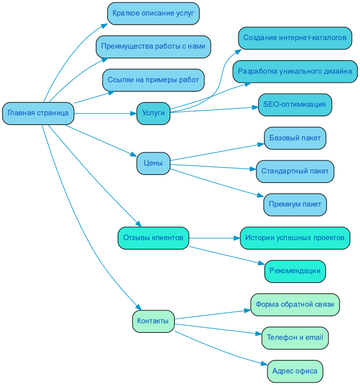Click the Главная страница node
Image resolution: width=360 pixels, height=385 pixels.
click(x=38, y=113)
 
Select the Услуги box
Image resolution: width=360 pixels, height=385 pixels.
click(x=153, y=113)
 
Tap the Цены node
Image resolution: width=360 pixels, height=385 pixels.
click(x=153, y=163)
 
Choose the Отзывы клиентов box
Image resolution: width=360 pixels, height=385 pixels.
click(x=153, y=238)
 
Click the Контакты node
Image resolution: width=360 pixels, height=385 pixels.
click(x=153, y=321)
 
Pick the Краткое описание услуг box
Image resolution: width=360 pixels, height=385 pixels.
click(x=153, y=14)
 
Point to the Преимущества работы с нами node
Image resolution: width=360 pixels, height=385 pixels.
click(x=153, y=47)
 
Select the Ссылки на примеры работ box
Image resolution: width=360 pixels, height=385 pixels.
click(x=153, y=80)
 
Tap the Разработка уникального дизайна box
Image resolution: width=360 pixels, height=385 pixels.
click(x=295, y=71)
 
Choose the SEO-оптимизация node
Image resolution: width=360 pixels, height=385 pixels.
click(x=295, y=105)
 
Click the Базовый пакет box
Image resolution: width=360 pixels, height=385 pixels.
click(x=295, y=138)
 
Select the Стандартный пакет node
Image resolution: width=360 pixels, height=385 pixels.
click(x=295, y=171)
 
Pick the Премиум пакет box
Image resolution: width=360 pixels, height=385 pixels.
click(x=295, y=204)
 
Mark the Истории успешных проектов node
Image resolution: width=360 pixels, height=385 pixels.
click(x=295, y=238)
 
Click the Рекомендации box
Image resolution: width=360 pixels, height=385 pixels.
click(x=295, y=271)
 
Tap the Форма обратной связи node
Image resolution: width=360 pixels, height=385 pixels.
click(x=295, y=304)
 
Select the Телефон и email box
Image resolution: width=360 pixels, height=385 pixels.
click(x=295, y=337)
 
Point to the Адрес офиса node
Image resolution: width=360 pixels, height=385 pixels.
click(x=295, y=371)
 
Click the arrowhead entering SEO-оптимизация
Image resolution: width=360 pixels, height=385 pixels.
click(x=255, y=106)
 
